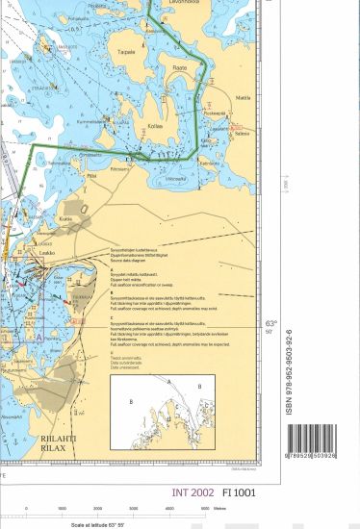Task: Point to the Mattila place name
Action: (x=243, y=97)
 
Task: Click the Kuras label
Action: (x=65, y=219)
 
